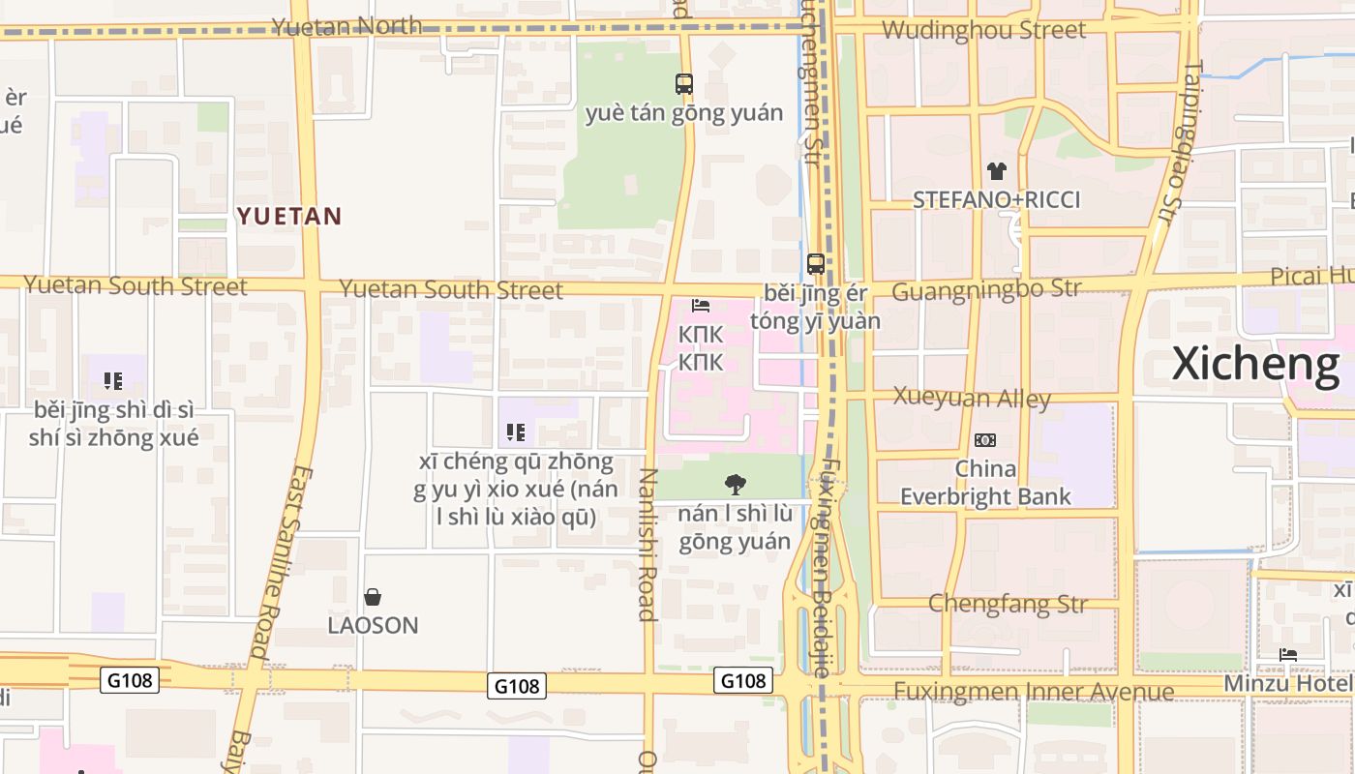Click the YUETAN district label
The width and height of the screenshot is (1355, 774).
point(290,216)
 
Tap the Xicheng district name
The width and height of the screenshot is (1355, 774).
point(1255,364)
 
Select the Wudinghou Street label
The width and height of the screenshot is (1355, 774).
point(983,30)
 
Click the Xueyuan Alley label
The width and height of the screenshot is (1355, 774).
point(972,398)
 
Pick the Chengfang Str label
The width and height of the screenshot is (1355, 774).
point(1008,604)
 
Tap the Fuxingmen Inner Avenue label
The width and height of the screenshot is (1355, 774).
point(1033,691)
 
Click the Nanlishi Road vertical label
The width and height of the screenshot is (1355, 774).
point(647,545)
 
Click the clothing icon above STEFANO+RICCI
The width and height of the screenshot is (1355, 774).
point(996,171)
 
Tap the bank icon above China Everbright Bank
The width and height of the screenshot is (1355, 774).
point(985,440)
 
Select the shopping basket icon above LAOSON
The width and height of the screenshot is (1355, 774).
point(373,597)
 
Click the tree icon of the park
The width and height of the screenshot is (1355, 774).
point(736,484)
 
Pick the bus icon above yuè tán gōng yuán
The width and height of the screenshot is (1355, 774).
point(684,84)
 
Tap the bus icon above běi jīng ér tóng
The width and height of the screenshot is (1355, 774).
point(816,263)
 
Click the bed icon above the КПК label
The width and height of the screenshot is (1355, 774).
point(701,307)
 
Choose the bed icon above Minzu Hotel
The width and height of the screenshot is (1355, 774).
point(1287,655)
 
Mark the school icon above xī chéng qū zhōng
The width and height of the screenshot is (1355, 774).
point(516,432)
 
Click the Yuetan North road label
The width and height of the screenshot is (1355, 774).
point(346,25)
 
